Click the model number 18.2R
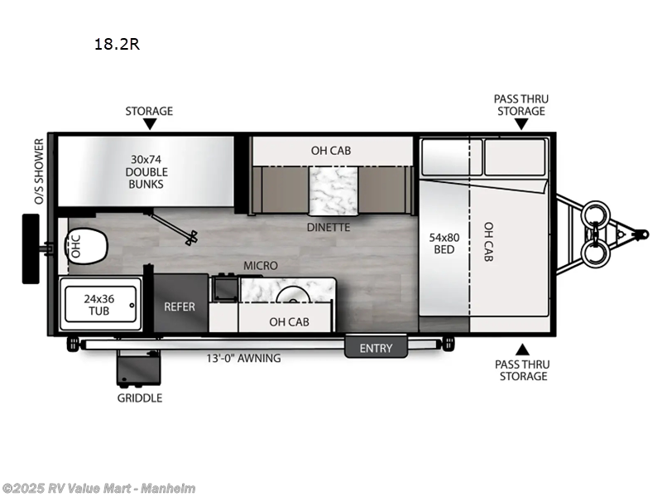(x=117, y=45)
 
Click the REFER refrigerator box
(x=179, y=306)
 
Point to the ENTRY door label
(x=376, y=348)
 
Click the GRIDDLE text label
(x=139, y=398)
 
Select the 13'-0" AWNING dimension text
(x=243, y=359)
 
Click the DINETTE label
(x=329, y=227)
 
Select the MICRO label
(x=260, y=265)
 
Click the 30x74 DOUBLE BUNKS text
(x=148, y=171)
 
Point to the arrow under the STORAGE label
(x=149, y=124)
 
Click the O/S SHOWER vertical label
(x=38, y=171)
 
